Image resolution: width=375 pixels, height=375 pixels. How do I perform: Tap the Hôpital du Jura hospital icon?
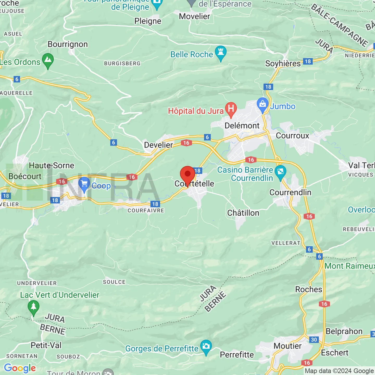click(x=231, y=109)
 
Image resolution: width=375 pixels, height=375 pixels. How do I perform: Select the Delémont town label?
click(x=242, y=126)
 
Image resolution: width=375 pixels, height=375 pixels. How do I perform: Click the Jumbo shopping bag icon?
click(x=262, y=105)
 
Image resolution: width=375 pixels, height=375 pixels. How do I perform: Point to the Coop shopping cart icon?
click(x=84, y=184)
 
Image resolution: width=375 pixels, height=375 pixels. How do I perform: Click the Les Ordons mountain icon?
click(x=48, y=60)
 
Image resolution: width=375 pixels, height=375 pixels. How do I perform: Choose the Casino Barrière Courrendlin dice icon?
click(x=280, y=172)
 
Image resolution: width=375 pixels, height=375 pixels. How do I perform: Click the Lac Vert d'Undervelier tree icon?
click(x=33, y=307)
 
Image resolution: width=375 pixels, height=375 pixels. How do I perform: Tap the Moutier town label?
click(x=287, y=346)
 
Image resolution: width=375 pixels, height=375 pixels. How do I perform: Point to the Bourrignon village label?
click(x=68, y=44)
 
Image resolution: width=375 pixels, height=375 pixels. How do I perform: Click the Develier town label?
click(x=158, y=145)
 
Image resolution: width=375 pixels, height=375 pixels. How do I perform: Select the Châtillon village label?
click(x=243, y=213)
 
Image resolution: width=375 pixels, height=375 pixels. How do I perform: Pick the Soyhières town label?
click(x=283, y=64)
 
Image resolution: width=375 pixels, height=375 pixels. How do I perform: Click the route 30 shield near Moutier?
click(x=314, y=340)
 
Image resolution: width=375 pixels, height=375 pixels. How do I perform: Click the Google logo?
click(x=20, y=368)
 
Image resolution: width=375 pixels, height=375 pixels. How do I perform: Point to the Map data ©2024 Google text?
click(x=339, y=371)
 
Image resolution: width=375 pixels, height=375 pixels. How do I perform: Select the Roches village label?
click(x=309, y=289)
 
